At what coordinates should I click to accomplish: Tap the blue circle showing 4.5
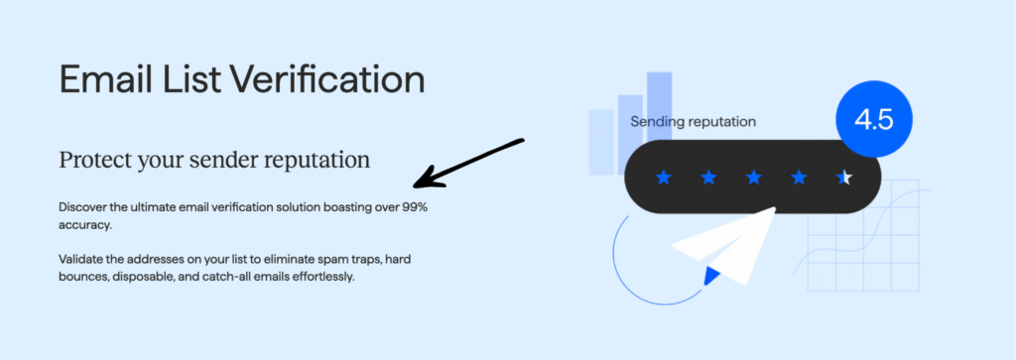[x=873, y=120]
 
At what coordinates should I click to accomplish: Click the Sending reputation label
[x=693, y=121]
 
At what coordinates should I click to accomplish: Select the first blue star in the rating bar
[x=663, y=178]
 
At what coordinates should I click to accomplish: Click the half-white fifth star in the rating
[x=843, y=178]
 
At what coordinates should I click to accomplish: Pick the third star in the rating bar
[x=753, y=178]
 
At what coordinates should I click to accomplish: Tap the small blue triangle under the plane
[x=710, y=275]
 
